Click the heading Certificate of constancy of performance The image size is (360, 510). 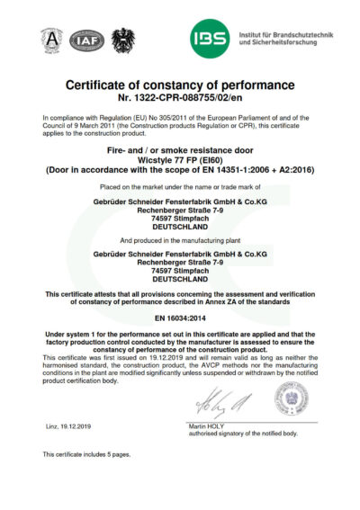(x=180, y=85)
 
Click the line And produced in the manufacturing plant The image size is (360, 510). (x=180, y=241)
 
